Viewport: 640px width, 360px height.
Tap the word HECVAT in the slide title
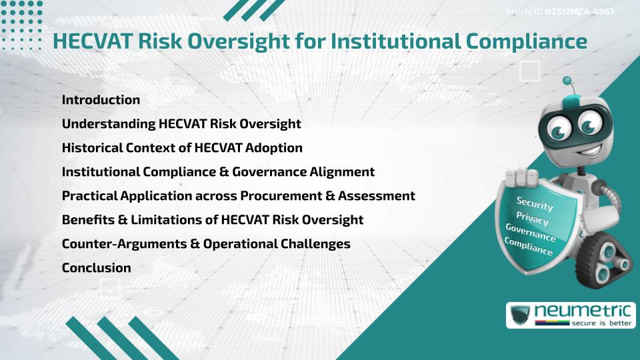[x=93, y=41]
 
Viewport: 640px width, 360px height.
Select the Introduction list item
[x=101, y=100]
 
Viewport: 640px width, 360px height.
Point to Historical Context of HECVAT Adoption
[x=182, y=148]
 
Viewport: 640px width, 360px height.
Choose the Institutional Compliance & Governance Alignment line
[x=218, y=172]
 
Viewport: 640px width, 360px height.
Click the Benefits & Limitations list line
[x=213, y=220]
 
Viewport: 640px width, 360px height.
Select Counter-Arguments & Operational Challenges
[x=206, y=244]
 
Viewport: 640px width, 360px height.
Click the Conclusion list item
[x=96, y=268]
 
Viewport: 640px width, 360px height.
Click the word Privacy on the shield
[x=532, y=219]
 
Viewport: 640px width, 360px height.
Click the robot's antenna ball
[x=567, y=81]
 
